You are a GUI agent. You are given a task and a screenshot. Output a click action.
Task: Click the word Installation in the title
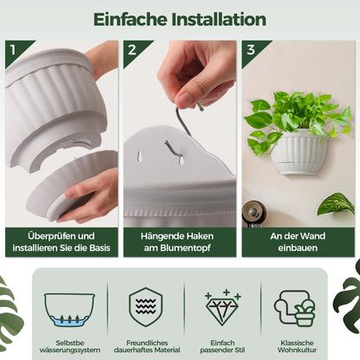point(219,20)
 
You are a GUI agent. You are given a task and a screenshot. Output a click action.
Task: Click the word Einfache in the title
point(131,20)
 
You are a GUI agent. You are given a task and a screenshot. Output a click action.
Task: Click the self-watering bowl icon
point(69,310)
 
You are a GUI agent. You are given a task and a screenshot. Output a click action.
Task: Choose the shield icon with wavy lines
point(145,307)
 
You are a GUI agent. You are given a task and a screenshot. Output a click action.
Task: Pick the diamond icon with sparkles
point(222,307)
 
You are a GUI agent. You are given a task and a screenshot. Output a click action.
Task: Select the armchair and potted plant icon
point(294,308)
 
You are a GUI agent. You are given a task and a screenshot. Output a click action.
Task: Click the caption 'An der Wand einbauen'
point(298,241)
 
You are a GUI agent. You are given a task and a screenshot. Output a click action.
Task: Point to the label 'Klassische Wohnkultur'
point(297,346)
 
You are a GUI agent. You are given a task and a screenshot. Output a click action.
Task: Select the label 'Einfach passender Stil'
point(222,346)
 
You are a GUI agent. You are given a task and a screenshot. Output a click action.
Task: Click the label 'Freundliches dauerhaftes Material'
point(147,346)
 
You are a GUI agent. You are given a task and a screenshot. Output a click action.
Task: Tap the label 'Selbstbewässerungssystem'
point(70,346)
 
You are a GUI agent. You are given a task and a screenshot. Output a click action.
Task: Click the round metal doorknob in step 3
point(254,213)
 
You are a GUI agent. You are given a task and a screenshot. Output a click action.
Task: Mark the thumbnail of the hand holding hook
point(180,134)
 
